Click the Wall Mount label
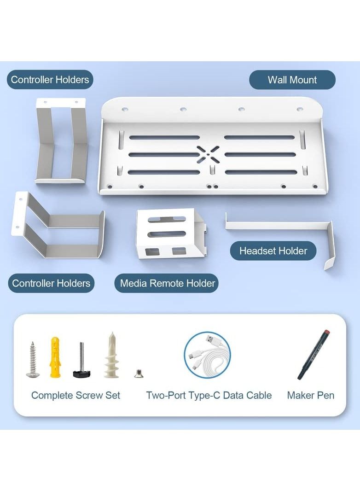292,80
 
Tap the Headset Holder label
273,251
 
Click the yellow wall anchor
55,357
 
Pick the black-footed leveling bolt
82,360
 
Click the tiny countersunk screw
137,373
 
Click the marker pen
314,354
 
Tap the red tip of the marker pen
327,332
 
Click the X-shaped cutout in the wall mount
208,154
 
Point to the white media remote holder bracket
171,233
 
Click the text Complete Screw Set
75,395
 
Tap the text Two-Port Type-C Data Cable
209,395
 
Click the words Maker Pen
311,395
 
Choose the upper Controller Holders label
50,80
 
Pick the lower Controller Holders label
51,283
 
